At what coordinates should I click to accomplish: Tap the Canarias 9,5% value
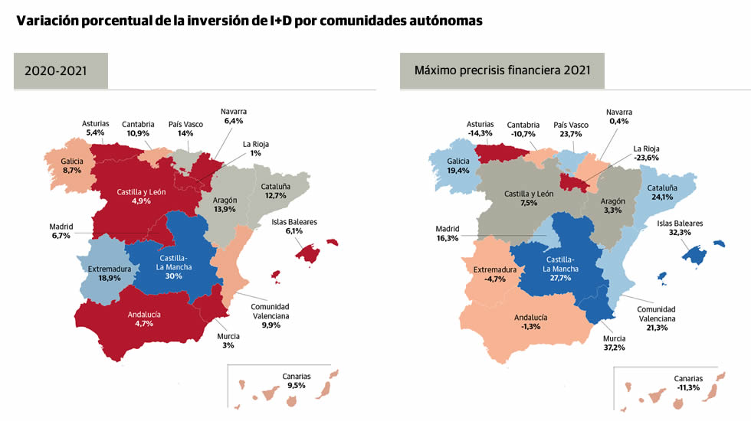point(296,386)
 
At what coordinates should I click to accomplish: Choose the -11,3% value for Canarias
point(687,387)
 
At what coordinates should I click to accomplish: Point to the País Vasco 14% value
point(185,133)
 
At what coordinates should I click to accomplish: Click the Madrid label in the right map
point(448,228)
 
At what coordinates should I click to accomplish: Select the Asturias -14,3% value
point(480,133)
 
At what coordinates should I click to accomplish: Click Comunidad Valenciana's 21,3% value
point(656,328)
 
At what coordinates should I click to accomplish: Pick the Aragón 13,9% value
point(225,209)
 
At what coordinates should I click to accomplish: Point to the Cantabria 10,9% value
point(138,133)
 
